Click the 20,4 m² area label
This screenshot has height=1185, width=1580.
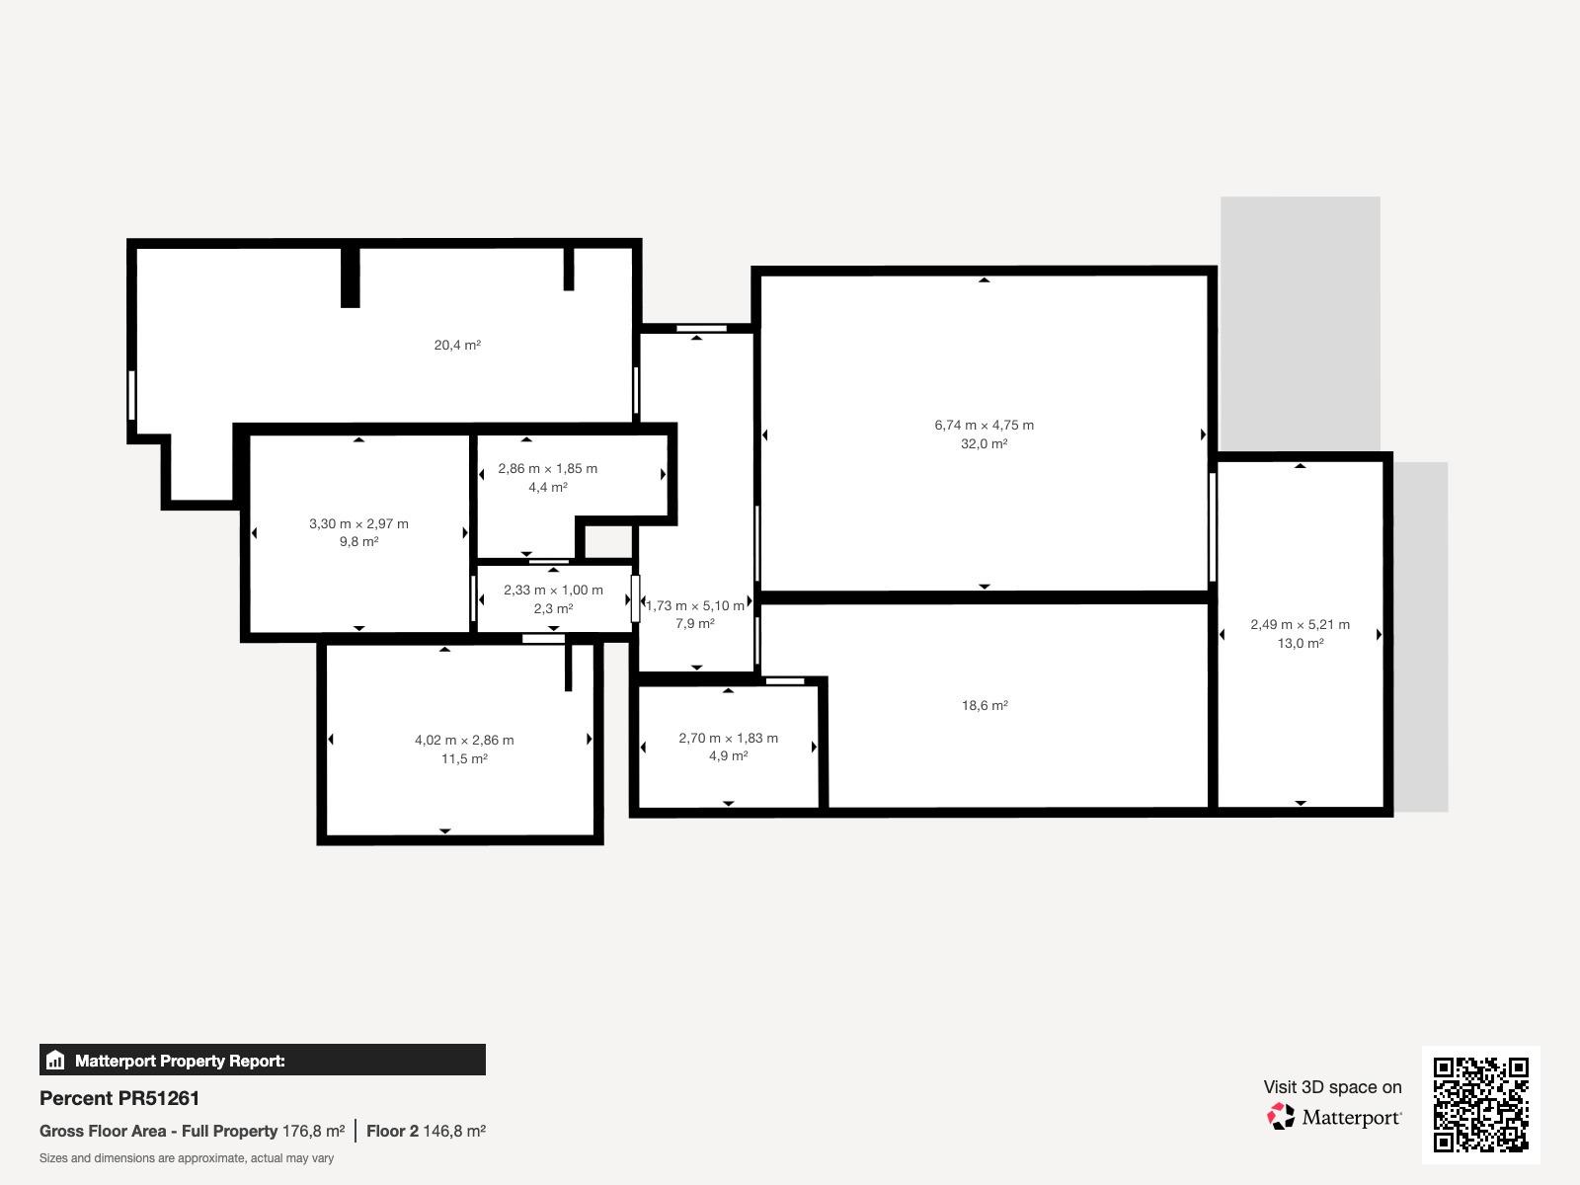(x=457, y=346)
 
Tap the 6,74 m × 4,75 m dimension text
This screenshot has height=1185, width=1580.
(x=984, y=426)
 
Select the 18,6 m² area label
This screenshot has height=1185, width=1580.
(x=985, y=706)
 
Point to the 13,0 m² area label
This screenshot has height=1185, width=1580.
(x=1300, y=643)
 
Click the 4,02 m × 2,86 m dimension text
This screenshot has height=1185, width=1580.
(x=464, y=741)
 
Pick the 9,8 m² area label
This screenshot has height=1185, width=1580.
(x=359, y=542)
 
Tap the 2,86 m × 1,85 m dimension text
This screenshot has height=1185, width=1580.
(x=548, y=469)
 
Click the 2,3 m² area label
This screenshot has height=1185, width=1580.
(x=554, y=608)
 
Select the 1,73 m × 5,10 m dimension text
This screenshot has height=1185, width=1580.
(x=694, y=605)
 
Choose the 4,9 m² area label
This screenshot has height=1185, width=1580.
(x=729, y=756)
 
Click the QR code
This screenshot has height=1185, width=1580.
(x=1480, y=1104)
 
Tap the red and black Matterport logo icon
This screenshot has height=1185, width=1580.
(x=1281, y=1116)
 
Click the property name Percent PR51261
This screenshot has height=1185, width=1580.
(x=119, y=1098)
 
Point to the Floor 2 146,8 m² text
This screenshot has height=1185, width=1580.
(x=427, y=1131)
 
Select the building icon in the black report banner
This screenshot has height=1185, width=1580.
(x=55, y=1060)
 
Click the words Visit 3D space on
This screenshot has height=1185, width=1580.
(x=1332, y=1087)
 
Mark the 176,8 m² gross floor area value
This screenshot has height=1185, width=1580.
(x=313, y=1131)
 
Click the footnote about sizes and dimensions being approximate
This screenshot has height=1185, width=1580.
(x=187, y=1158)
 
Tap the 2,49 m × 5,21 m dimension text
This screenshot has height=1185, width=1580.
(x=1300, y=624)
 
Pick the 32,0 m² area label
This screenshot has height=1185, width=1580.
(x=984, y=444)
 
